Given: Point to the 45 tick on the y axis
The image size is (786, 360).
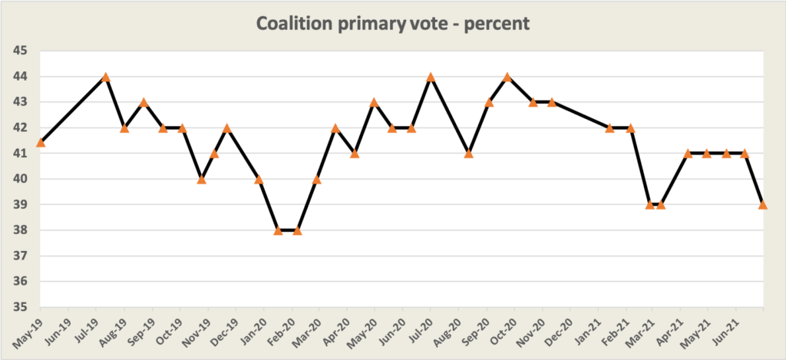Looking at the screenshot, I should [20, 51].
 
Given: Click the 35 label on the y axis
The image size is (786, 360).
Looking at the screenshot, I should [20, 307].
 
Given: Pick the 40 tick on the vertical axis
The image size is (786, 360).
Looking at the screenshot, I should [20, 179].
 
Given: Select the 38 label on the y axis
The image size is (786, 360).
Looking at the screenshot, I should [20, 230].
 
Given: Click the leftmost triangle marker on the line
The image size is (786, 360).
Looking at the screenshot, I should [41, 142].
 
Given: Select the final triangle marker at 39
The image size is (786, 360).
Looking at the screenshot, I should [763, 204].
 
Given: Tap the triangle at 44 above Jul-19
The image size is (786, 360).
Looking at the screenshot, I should [106, 77].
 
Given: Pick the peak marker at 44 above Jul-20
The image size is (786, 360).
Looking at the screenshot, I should [431, 77].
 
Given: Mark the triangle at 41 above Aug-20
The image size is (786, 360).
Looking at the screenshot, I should [468, 154].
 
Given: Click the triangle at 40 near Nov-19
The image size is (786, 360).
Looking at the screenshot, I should [202, 179].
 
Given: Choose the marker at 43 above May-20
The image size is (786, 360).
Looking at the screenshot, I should [374, 102].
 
